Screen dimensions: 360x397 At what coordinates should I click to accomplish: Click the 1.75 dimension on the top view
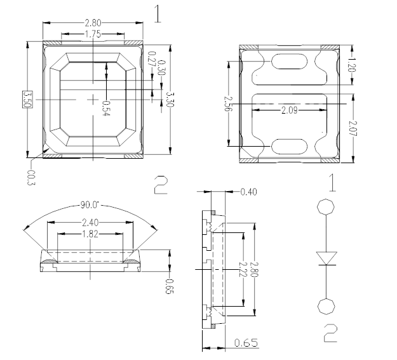click(x=93, y=34)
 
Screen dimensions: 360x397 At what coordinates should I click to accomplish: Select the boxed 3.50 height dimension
click(x=27, y=100)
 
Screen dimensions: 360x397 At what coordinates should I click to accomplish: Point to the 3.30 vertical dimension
click(x=168, y=100)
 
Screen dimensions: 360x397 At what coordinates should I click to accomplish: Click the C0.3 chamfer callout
click(x=32, y=174)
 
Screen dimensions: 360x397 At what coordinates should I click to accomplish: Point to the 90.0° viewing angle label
click(x=90, y=205)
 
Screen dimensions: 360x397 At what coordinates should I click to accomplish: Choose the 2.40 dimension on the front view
click(x=90, y=222)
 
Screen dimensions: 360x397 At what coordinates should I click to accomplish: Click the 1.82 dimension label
click(x=90, y=234)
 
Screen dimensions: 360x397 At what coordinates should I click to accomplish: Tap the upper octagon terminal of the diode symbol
click(x=325, y=207)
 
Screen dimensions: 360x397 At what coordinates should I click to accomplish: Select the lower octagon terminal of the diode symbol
click(x=325, y=307)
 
